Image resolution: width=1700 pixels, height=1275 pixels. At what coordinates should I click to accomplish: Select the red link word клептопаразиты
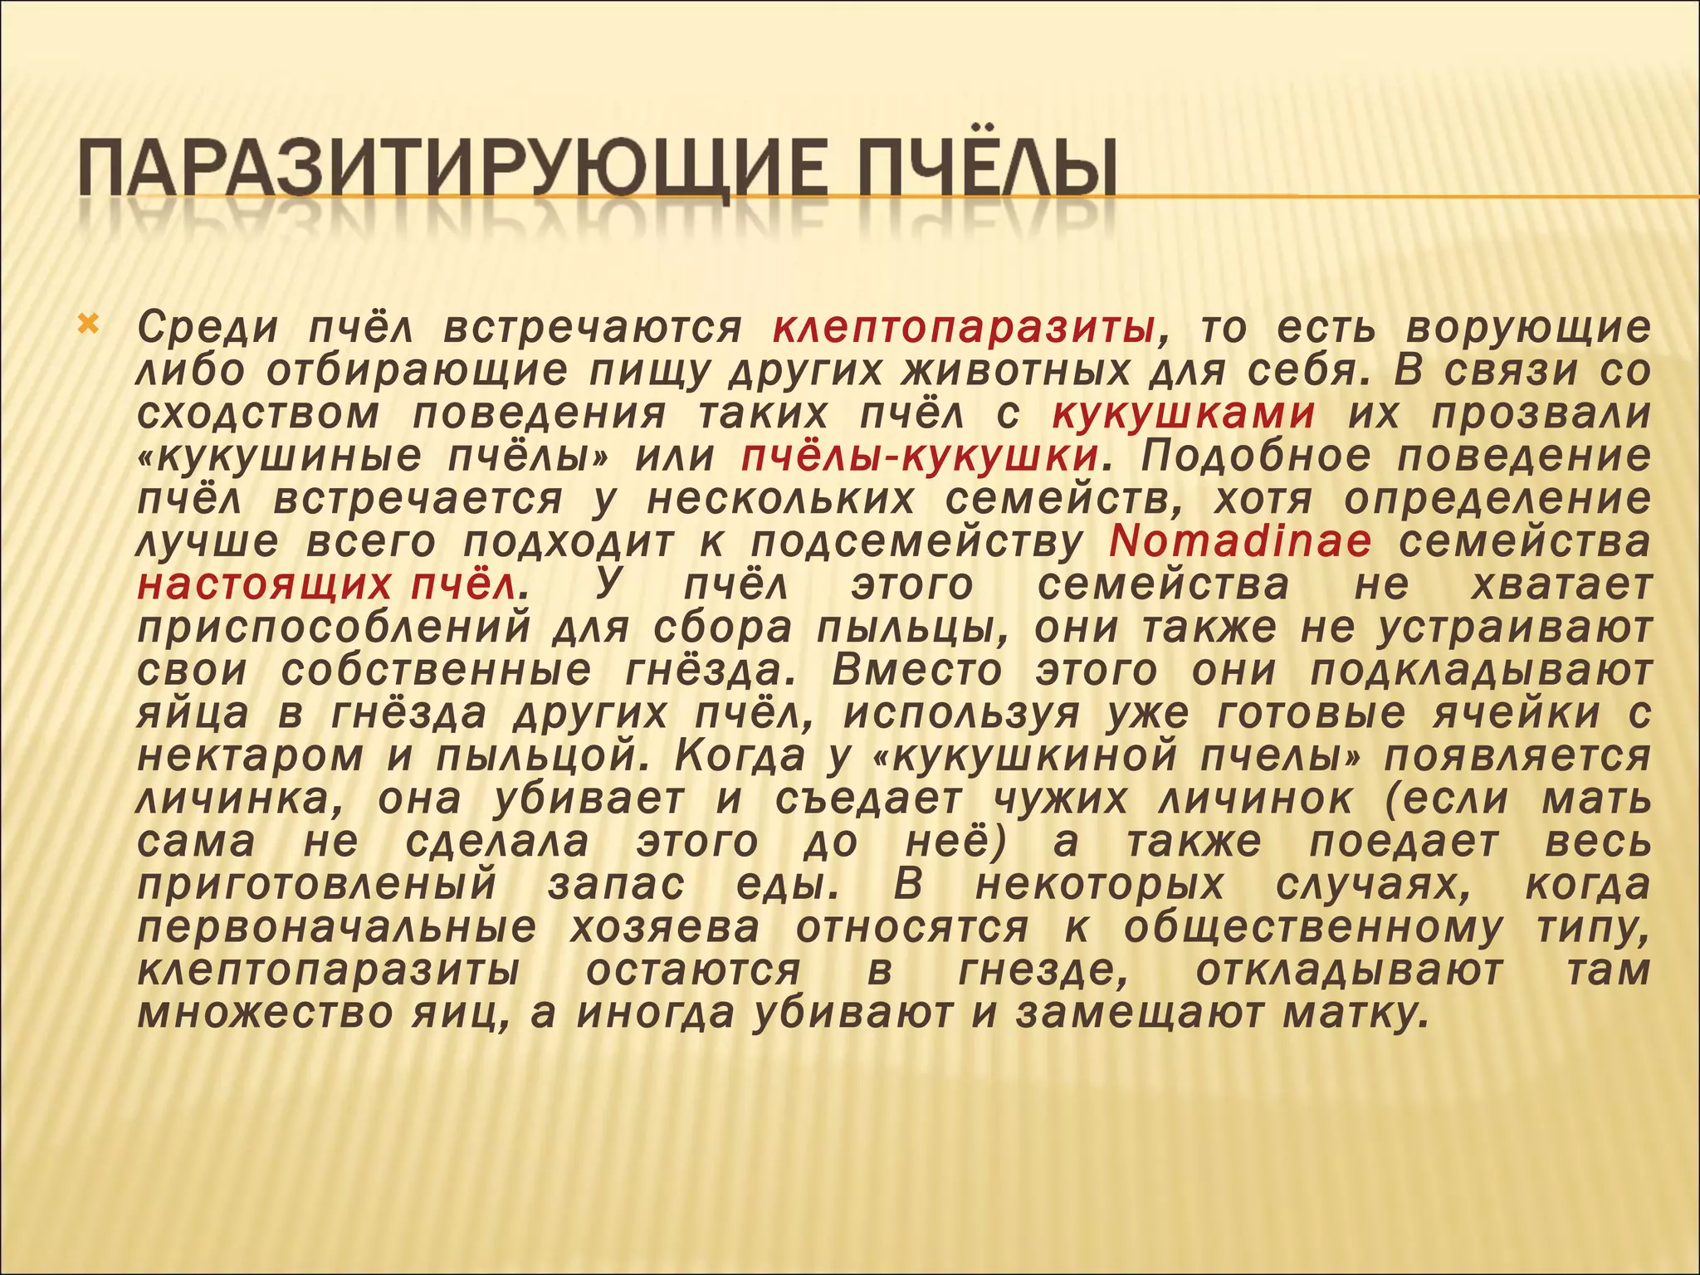(x=964, y=329)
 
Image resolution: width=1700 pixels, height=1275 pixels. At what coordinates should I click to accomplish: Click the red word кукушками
(x=1184, y=413)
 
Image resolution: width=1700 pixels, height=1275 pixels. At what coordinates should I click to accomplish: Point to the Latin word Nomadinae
(x=1240, y=542)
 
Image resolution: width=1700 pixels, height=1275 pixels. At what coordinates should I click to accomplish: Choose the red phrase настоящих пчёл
(x=329, y=585)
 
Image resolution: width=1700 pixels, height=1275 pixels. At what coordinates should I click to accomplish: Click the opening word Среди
(x=208, y=329)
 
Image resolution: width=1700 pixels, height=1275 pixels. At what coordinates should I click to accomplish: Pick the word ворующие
(x=1527, y=329)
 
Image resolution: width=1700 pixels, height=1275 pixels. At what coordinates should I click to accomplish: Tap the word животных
(x=1017, y=371)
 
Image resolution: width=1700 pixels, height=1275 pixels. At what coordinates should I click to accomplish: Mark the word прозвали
(x=1541, y=413)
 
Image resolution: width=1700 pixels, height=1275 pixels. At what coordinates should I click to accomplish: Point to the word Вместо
(x=916, y=671)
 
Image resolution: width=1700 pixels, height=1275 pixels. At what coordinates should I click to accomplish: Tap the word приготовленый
(x=316, y=885)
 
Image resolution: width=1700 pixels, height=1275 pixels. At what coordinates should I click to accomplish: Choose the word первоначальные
(x=337, y=927)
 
